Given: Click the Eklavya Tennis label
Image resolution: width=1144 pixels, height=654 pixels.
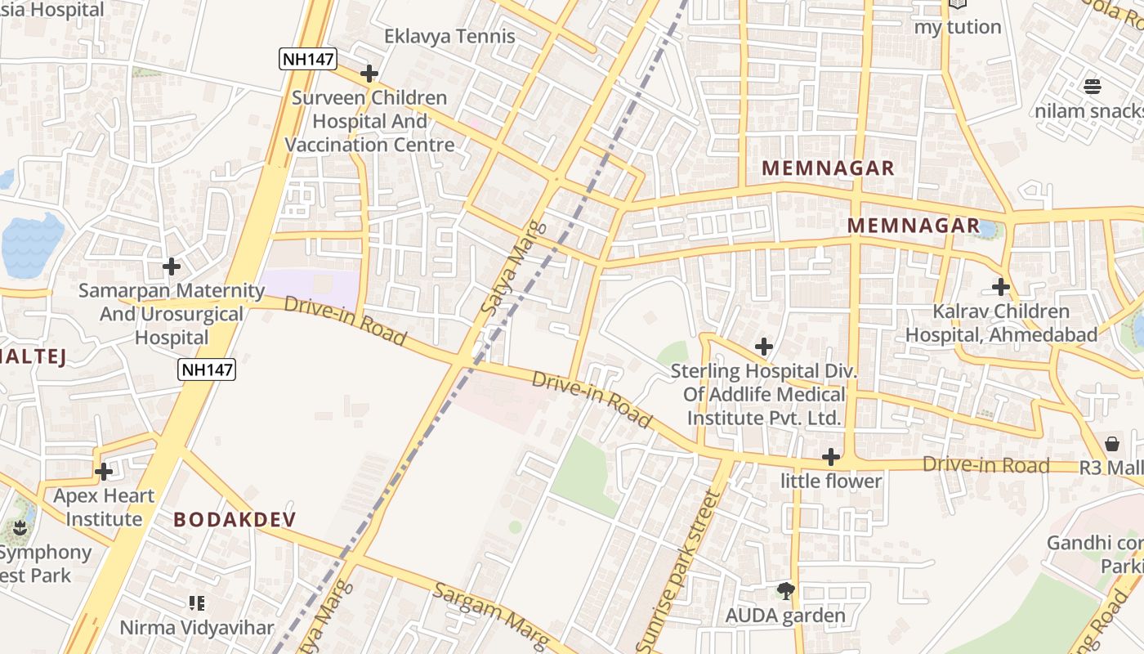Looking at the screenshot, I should tap(450, 36).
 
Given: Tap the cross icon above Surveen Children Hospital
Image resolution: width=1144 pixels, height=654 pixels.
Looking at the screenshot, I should tap(369, 74).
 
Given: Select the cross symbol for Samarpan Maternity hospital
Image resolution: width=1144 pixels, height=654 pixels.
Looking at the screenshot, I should tap(172, 267).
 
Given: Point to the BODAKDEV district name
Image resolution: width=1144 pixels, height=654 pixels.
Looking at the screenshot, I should tap(235, 519).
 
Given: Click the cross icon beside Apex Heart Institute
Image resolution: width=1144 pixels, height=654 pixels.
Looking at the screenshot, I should tap(104, 472).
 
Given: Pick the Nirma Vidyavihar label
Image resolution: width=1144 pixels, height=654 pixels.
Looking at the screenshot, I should tap(197, 627).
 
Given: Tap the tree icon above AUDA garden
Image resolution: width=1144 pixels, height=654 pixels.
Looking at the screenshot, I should tap(786, 590).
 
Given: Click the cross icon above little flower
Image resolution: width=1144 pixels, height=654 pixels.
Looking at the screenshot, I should tap(831, 457).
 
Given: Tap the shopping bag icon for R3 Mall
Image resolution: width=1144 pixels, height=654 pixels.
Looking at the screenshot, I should tap(1112, 444).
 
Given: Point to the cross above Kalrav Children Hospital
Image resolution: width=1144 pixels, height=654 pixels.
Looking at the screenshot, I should tap(1001, 287).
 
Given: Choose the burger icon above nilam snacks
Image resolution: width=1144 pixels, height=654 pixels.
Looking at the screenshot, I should tap(1093, 86).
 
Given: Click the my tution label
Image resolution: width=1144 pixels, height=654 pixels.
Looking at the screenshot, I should tap(957, 27).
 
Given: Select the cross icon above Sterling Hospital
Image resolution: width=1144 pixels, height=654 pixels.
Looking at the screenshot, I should tap(764, 347).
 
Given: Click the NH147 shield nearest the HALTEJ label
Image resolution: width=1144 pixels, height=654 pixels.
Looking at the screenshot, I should tap(208, 370).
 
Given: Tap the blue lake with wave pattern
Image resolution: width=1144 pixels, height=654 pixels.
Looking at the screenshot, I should tap(32, 245).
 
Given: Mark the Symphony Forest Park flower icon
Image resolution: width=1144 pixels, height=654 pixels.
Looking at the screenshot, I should tap(20, 529).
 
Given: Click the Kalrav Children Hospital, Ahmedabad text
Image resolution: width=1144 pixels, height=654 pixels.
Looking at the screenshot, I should tap(1001, 323).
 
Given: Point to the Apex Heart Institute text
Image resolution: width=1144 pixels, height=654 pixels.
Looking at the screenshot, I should tap(104, 507).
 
